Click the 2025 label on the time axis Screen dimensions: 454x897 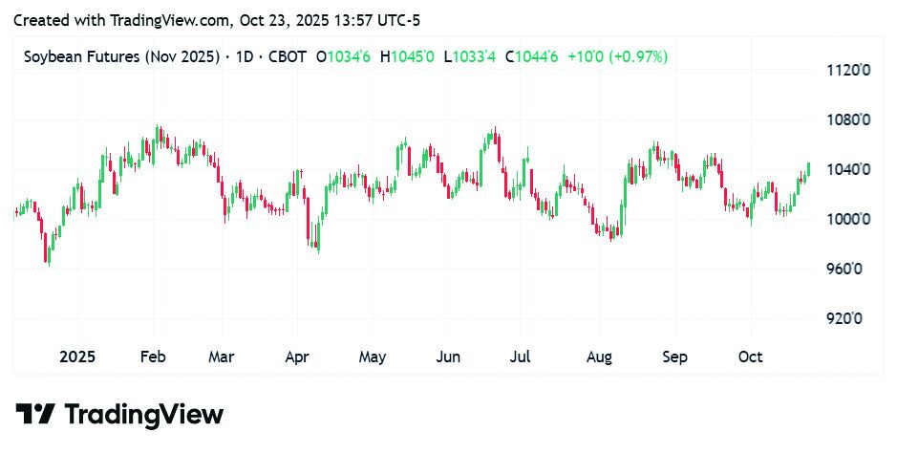pos(77,357)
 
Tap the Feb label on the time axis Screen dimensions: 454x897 pos(153,357)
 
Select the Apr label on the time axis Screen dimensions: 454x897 pos(297,357)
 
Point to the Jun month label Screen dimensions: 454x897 pos(447,357)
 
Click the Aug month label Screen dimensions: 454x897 pos(599,357)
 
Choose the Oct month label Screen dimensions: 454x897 pos(751,357)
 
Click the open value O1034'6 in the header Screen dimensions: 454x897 pos(343,57)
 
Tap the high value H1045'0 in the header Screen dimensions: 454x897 pos(407,57)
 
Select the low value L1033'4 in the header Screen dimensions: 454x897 pos(470,57)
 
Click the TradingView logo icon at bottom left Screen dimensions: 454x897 pos(35,415)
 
